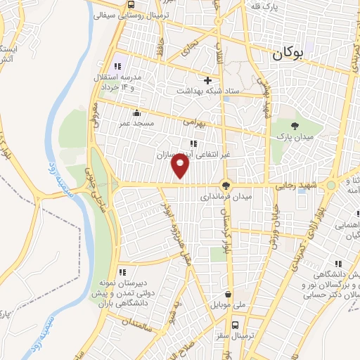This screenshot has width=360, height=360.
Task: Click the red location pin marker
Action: click(181, 166)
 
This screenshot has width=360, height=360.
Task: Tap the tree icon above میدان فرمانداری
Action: click(225, 186)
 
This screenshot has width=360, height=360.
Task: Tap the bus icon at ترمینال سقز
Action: click(235, 325)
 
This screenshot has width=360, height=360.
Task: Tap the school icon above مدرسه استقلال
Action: click(118, 58)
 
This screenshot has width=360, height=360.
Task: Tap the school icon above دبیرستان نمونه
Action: click(122, 272)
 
